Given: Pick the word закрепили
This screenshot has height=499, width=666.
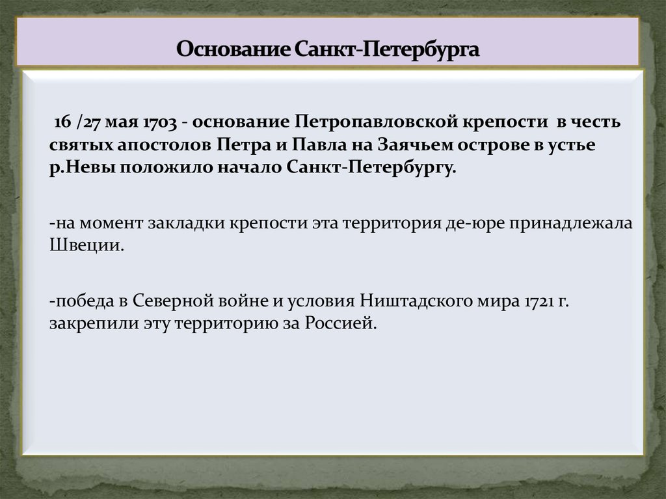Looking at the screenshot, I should tap(93, 323).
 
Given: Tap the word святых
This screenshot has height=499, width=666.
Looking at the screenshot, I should tap(76, 144).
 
